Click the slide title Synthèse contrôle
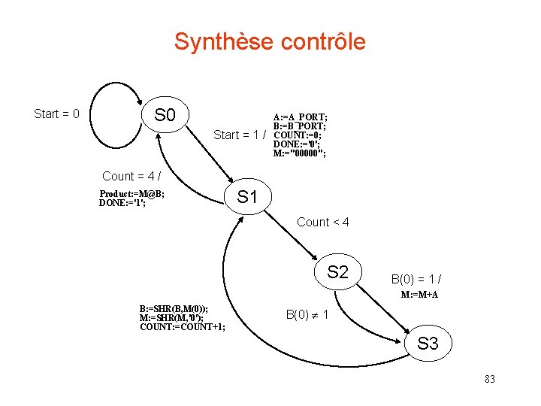(270, 41)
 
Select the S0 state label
(165, 115)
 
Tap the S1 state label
(247, 198)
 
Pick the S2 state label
(338, 271)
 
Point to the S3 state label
(428, 344)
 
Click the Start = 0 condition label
(57, 114)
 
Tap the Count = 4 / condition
(131, 176)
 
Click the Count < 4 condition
(323, 222)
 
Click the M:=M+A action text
(419, 295)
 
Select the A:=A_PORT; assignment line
(300, 117)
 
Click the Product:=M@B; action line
(132, 194)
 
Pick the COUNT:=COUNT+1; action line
(183, 326)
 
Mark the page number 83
(490, 379)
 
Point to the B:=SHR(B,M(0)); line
(174, 309)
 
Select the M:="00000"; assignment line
(300, 153)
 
